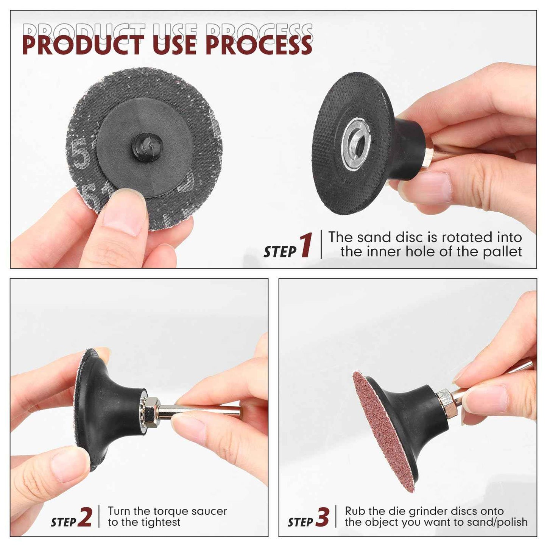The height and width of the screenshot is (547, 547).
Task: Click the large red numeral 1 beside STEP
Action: click(306, 245)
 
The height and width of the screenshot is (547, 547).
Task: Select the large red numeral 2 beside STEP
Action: click(85, 517)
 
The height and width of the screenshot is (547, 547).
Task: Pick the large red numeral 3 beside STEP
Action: click(322, 517)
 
